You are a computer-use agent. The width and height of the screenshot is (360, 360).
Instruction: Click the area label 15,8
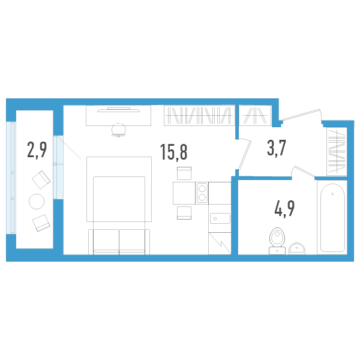pyautogui.click(x=173, y=152)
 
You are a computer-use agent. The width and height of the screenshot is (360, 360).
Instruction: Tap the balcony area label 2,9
pyautogui.click(x=37, y=150)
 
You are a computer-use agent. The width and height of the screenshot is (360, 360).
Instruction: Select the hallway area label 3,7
pyautogui.click(x=277, y=148)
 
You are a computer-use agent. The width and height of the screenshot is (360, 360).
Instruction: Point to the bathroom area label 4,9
pyautogui.click(x=284, y=208)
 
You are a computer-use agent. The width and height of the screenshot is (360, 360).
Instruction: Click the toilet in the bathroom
pyautogui.click(x=277, y=241)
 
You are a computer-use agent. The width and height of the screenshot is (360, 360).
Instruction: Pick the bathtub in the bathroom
pyautogui.click(x=332, y=218)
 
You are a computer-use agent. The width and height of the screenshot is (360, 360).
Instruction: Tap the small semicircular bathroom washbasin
pyautogui.click(x=297, y=249)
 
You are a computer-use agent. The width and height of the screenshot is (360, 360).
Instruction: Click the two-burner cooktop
pyautogui.click(x=202, y=193)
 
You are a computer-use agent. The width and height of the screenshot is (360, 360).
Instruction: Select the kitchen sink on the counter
pyautogui.click(x=220, y=218)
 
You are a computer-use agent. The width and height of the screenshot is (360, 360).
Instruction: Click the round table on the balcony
pyautogui.click(x=37, y=202)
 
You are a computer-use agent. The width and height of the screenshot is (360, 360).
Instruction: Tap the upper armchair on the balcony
pyautogui.click(x=41, y=180)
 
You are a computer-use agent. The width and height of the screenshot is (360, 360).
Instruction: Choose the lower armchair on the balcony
pyautogui.click(x=41, y=223)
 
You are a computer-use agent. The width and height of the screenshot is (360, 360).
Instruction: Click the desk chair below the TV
pyautogui.click(x=118, y=130)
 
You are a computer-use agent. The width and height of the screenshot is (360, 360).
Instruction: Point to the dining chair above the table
pyautogui.click(x=184, y=173)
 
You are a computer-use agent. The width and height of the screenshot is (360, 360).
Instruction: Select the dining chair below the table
pyautogui.click(x=184, y=213)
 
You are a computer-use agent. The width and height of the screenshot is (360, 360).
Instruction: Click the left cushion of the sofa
pyautogui.click(x=106, y=242)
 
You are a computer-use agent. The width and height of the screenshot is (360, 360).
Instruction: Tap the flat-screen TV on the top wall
pyautogui.click(x=118, y=110)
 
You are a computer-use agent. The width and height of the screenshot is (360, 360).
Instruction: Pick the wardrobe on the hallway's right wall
pyautogui.click(x=337, y=152)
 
